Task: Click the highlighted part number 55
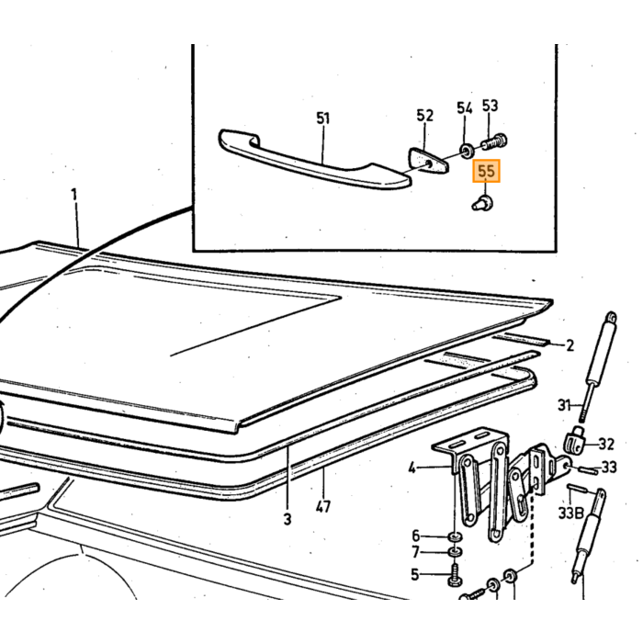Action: [x=486, y=171]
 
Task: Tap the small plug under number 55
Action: [x=482, y=203]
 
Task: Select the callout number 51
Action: [x=323, y=118]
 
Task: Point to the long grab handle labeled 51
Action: [x=314, y=160]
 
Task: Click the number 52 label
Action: [x=424, y=115]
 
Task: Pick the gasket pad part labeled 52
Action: [x=429, y=161]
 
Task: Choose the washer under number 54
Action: [x=467, y=152]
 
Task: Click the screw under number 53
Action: [x=494, y=141]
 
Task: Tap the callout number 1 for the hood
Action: [x=74, y=195]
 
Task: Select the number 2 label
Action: [x=570, y=345]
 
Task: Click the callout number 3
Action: [x=287, y=519]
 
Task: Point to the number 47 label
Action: [x=323, y=507]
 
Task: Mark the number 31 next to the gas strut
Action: [x=564, y=406]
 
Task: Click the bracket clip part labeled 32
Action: [x=575, y=440]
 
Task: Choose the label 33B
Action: [x=570, y=513]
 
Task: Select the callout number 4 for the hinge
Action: [x=412, y=468]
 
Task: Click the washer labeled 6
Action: [x=455, y=536]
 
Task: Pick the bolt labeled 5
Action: [x=455, y=575]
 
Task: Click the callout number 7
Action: [x=415, y=552]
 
